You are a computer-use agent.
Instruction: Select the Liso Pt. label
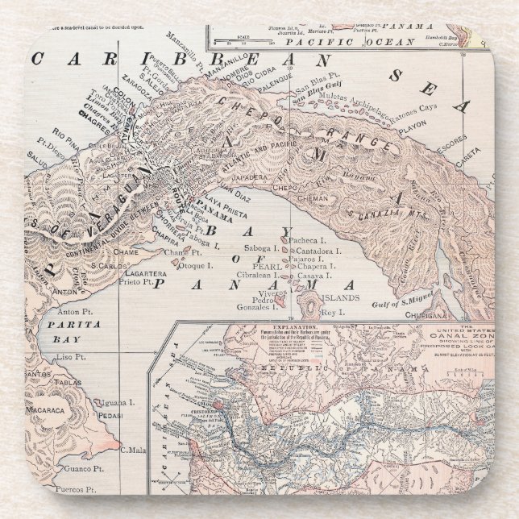pos(71,356)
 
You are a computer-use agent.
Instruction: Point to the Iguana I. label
pos(109,402)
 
